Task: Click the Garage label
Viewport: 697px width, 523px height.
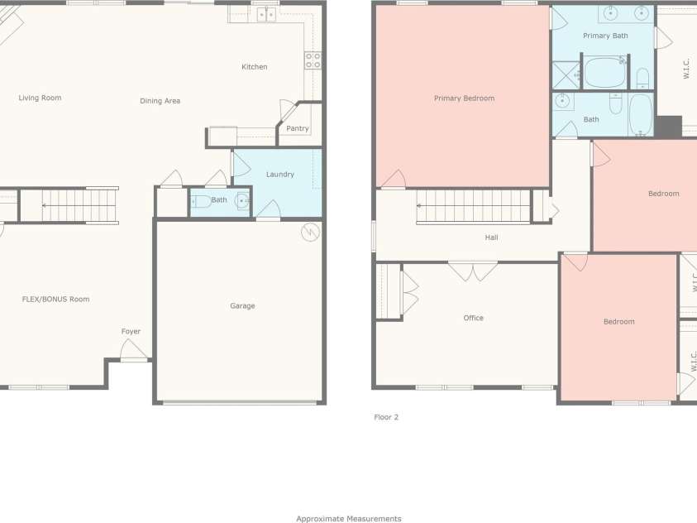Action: pyautogui.click(x=242, y=306)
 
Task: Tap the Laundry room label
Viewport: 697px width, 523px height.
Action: pyautogui.click(x=280, y=175)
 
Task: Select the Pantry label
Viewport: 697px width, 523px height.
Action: pyautogui.click(x=298, y=128)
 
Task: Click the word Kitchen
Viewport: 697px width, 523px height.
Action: pyautogui.click(x=255, y=67)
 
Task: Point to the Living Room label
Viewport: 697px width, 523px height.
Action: pyautogui.click(x=40, y=98)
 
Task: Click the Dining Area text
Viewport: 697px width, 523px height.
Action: pyautogui.click(x=160, y=101)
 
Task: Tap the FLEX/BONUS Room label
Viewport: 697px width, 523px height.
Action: pyautogui.click(x=55, y=300)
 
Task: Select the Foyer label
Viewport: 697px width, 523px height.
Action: pyautogui.click(x=131, y=331)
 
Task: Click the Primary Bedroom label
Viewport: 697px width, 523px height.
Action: pyautogui.click(x=464, y=98)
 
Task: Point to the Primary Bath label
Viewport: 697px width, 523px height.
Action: pyautogui.click(x=605, y=36)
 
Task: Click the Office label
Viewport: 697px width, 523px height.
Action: pyautogui.click(x=473, y=318)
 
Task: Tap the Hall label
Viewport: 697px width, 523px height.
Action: pyautogui.click(x=491, y=238)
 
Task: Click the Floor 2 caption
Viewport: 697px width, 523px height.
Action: pyautogui.click(x=386, y=417)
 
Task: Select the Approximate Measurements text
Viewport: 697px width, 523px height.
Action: pyautogui.click(x=349, y=519)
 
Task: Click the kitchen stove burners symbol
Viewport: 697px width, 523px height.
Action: pyautogui.click(x=313, y=60)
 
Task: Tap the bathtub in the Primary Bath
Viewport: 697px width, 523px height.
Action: pyautogui.click(x=604, y=72)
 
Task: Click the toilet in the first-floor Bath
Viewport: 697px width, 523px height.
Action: pyautogui.click(x=201, y=201)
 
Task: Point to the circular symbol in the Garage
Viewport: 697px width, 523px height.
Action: pyautogui.click(x=310, y=233)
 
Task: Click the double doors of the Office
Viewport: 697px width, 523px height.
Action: pyautogui.click(x=473, y=271)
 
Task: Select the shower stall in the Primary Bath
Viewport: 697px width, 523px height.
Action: pyautogui.click(x=566, y=75)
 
